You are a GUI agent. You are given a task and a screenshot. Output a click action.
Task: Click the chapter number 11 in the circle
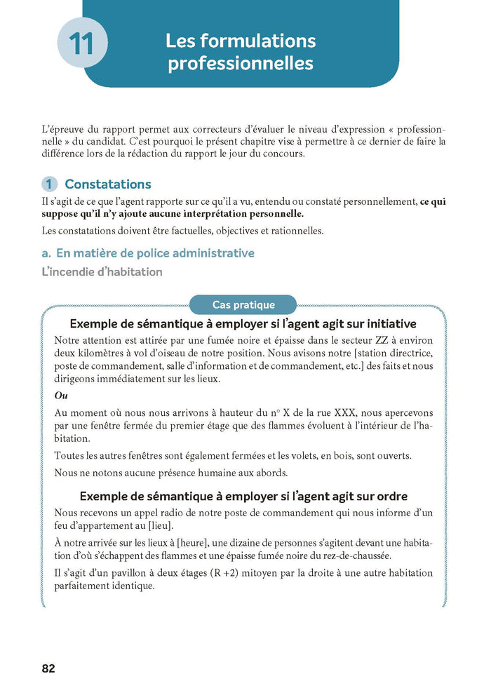pyautogui.click(x=83, y=43)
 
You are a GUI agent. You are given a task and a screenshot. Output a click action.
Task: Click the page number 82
pyautogui.click(x=48, y=668)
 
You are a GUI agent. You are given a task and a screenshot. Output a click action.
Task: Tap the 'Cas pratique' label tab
pyautogui.click(x=243, y=305)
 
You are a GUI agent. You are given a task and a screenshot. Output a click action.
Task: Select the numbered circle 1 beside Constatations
pyautogui.click(x=49, y=184)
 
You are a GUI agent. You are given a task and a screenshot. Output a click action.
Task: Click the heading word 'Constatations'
pyautogui.click(x=107, y=184)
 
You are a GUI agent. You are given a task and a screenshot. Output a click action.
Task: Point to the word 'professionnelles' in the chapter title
pyautogui.click(x=240, y=63)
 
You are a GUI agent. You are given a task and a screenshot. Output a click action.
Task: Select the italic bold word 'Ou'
pyautogui.click(x=60, y=396)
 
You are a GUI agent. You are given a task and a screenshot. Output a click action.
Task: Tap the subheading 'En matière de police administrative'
pyautogui.click(x=154, y=253)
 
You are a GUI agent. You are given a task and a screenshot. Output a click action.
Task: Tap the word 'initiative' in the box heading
pyautogui.click(x=383, y=323)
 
